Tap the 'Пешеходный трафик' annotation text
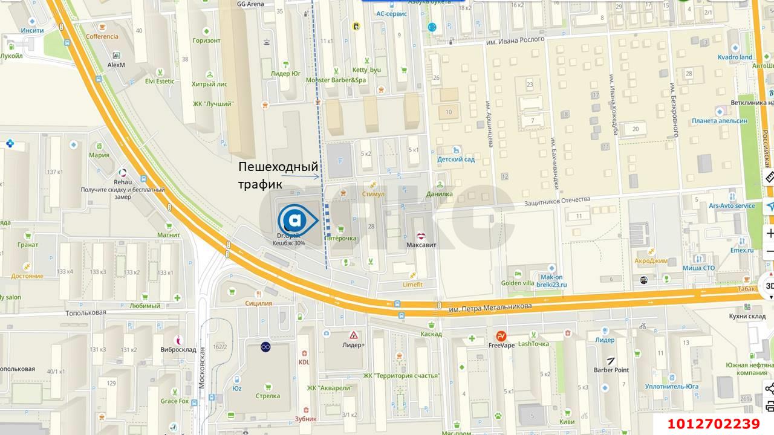pyautogui.click(x=278, y=175)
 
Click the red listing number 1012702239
pyautogui.click(x=714, y=424)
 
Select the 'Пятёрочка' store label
pyautogui.click(x=341, y=238)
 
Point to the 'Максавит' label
pyautogui.click(x=421, y=245)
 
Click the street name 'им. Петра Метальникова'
pyautogui.click(x=490, y=307)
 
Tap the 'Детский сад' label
pyautogui.click(x=456, y=159)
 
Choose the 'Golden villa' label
pyautogui.click(x=517, y=283)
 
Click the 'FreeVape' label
pyautogui.click(x=501, y=346)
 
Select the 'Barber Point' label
pyautogui.click(x=611, y=370)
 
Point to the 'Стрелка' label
pyautogui.click(x=268, y=396)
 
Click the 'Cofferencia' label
pyautogui.click(x=102, y=36)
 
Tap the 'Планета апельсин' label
pyautogui.click(x=720, y=121)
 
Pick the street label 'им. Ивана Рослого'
pyautogui.click(x=516, y=40)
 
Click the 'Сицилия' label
pyautogui.click(x=259, y=303)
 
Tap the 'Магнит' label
pyautogui.click(x=169, y=235)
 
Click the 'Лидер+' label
pyautogui.click(x=354, y=345)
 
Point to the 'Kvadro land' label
pyautogui.click(x=735, y=57)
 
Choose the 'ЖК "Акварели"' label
pyautogui.click(x=329, y=388)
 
